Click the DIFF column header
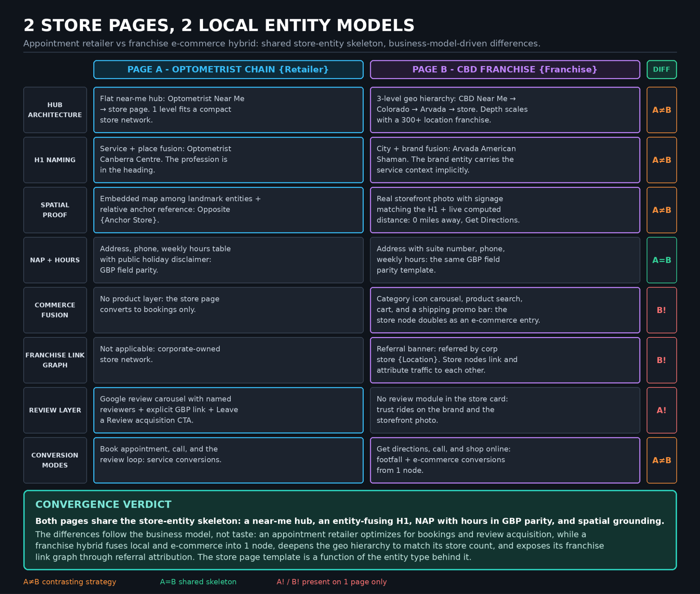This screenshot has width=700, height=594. coord(661,69)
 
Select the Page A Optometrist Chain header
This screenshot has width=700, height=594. coord(228,69)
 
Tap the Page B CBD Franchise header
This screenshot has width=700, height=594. coord(505,69)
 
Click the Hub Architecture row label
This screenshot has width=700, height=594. coord(55,110)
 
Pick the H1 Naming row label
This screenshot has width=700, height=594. coord(55,160)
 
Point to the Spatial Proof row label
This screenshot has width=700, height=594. coord(55,210)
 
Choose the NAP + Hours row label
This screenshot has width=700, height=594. coord(55,260)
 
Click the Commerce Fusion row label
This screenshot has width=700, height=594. coord(55,310)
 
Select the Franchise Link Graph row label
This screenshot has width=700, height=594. coord(55,360)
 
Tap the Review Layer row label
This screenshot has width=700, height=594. coord(55,410)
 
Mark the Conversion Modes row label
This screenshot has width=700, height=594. coord(55,460)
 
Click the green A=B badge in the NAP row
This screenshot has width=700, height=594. coord(661,260)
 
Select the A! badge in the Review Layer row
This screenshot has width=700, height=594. coord(661,410)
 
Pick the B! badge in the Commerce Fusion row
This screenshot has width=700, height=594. coord(661,310)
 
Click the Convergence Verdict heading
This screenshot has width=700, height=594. coord(103,504)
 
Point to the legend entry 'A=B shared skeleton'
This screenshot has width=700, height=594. coord(198,582)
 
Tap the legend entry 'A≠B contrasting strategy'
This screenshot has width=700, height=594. coord(70,582)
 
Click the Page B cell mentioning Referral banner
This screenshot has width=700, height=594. coord(505,360)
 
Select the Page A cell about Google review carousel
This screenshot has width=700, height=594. coord(228,410)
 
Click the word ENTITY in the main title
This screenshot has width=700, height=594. coord(296,25)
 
